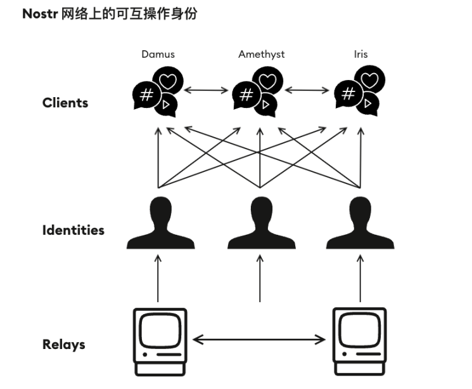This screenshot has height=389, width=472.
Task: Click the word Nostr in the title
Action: tap(39, 13)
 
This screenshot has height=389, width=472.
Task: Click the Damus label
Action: tap(158, 54)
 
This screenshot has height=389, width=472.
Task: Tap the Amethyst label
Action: tap(261, 54)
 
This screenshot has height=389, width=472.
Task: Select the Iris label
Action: tap(361, 54)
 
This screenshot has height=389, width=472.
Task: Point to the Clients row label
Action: tap(65, 102)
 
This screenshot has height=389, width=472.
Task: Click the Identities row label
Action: tap(73, 230)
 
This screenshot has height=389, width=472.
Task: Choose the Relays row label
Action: tap(63, 345)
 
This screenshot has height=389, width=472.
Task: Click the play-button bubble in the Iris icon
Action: tap(367, 105)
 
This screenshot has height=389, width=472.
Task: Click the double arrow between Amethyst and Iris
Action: tap(307, 89)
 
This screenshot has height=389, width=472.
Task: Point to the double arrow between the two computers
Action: tap(260, 340)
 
